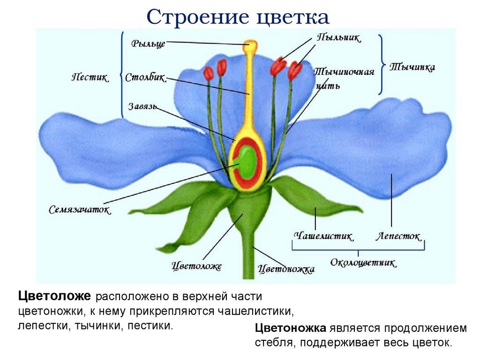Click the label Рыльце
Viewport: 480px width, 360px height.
[148, 44]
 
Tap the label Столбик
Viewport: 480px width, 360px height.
[145, 78]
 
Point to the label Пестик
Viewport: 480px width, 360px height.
[90, 77]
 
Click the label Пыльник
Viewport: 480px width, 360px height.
[338, 38]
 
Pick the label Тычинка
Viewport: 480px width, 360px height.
[412, 67]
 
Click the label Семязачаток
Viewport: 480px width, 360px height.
[80, 210]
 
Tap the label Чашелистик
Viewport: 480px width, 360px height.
[324, 236]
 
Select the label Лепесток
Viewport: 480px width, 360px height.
[398, 236]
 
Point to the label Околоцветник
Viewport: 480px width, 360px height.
[363, 262]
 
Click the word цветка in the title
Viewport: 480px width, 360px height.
[292, 18]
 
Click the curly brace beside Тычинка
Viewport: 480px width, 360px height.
[382, 64]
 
